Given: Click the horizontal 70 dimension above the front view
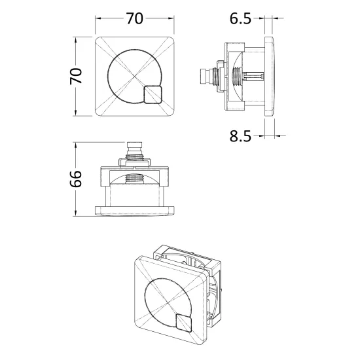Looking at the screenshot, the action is (x=135, y=18).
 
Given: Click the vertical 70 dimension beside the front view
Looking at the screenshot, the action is (x=76, y=76).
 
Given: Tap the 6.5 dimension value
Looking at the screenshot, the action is (x=240, y=18).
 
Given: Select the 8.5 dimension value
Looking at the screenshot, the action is (x=240, y=136).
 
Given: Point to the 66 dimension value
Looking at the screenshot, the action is (x=76, y=179).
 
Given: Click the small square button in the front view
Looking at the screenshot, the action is (x=153, y=95).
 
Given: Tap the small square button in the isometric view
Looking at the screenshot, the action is (x=184, y=323).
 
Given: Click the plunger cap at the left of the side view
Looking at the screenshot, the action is (x=204, y=76).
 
